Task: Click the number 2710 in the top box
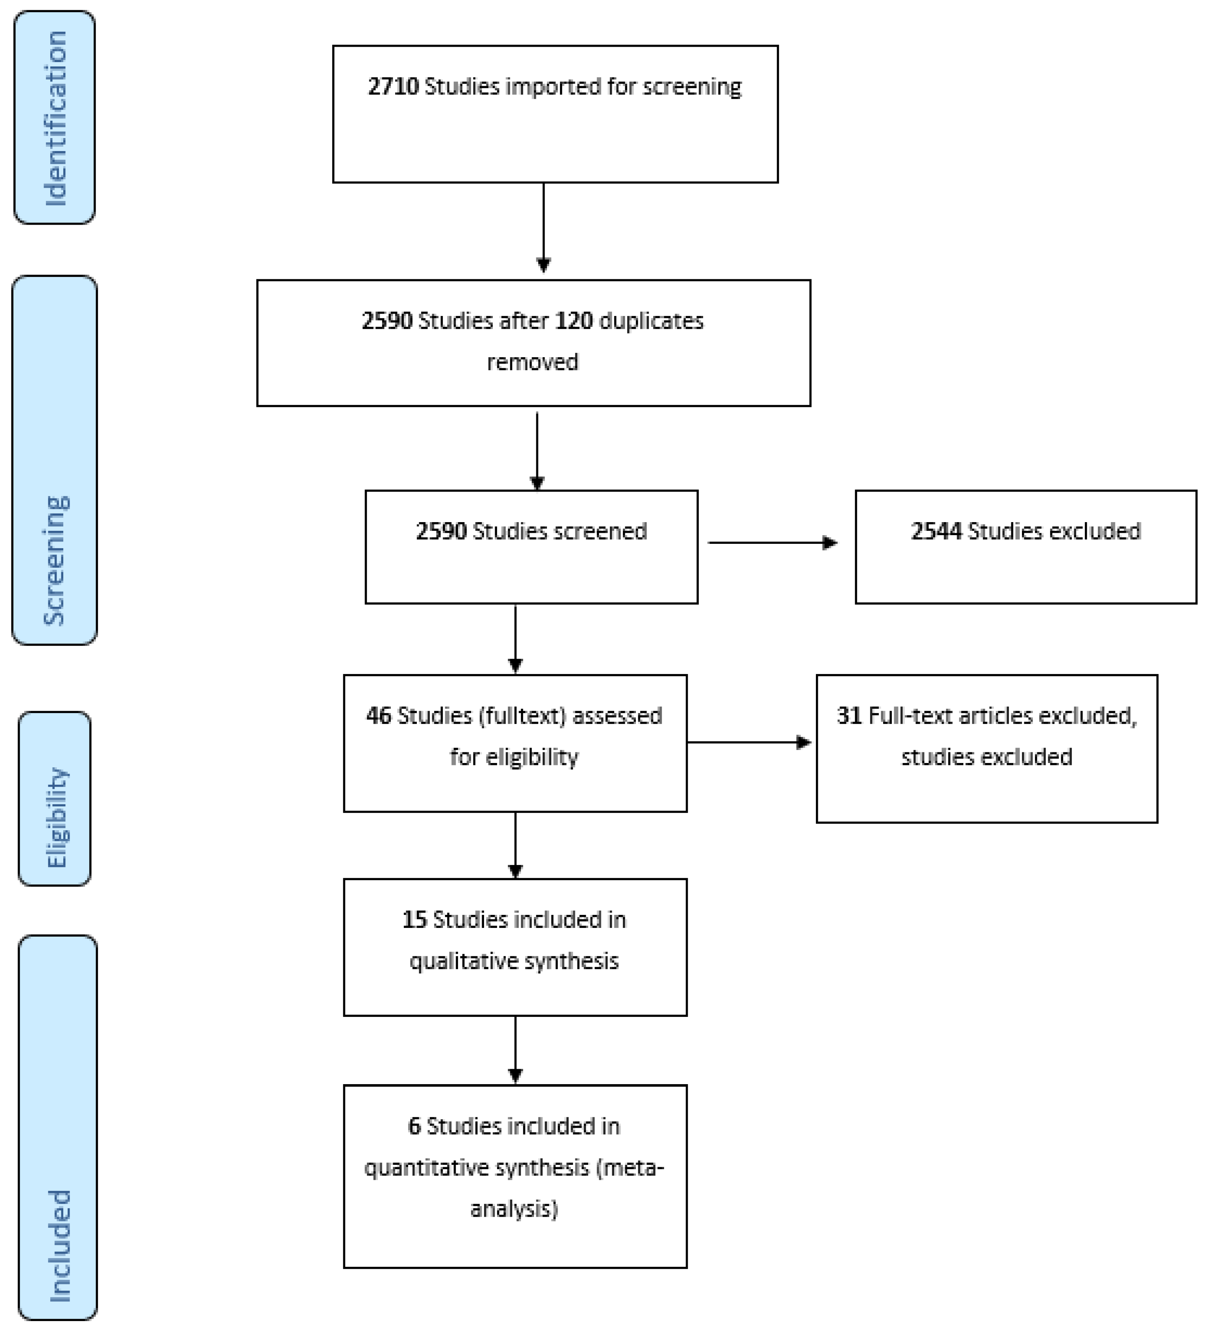[393, 86]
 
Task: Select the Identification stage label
[55, 118]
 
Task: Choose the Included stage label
[59, 1246]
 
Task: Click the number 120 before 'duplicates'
[573, 321]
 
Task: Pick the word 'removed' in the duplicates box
[533, 362]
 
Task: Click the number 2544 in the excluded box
[936, 531]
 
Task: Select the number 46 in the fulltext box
[378, 715]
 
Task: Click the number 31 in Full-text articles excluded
[849, 715]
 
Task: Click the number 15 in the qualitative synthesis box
[414, 920]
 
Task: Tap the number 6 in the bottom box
[414, 1126]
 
